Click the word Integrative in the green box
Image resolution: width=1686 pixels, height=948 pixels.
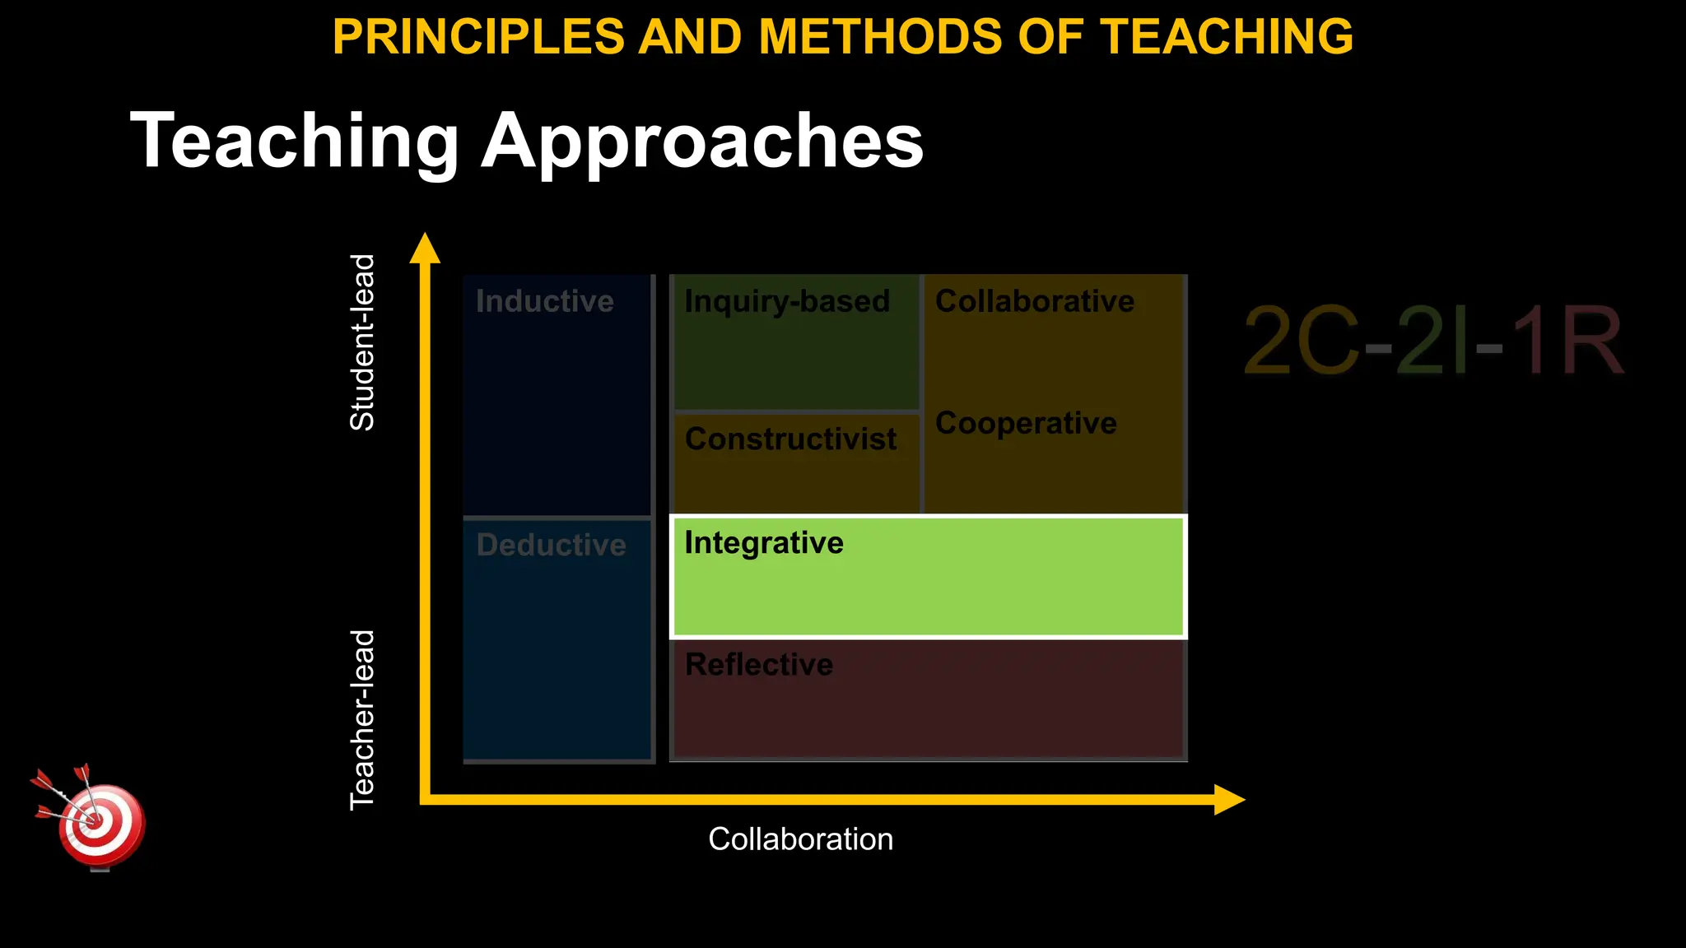(763, 543)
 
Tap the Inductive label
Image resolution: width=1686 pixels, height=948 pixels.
(544, 301)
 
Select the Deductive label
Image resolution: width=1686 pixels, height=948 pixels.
(551, 545)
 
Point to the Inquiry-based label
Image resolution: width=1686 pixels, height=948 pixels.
(787, 301)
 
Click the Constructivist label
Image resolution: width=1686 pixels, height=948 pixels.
(790, 439)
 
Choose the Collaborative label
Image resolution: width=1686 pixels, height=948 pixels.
(1034, 301)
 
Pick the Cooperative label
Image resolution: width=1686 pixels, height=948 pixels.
(1026, 423)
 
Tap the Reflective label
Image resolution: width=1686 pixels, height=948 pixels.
(758, 664)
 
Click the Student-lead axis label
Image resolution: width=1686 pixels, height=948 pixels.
(363, 342)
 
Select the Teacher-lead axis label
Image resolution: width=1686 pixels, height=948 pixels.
(363, 720)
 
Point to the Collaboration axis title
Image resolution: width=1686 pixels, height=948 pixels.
(800, 839)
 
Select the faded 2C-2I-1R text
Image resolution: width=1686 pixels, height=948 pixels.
(1432, 341)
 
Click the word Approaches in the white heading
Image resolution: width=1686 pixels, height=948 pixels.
(702, 142)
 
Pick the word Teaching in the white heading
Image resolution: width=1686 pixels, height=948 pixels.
(294, 142)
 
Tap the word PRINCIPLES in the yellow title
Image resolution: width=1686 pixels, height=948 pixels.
(478, 37)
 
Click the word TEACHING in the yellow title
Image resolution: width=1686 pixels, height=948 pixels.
(1227, 37)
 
